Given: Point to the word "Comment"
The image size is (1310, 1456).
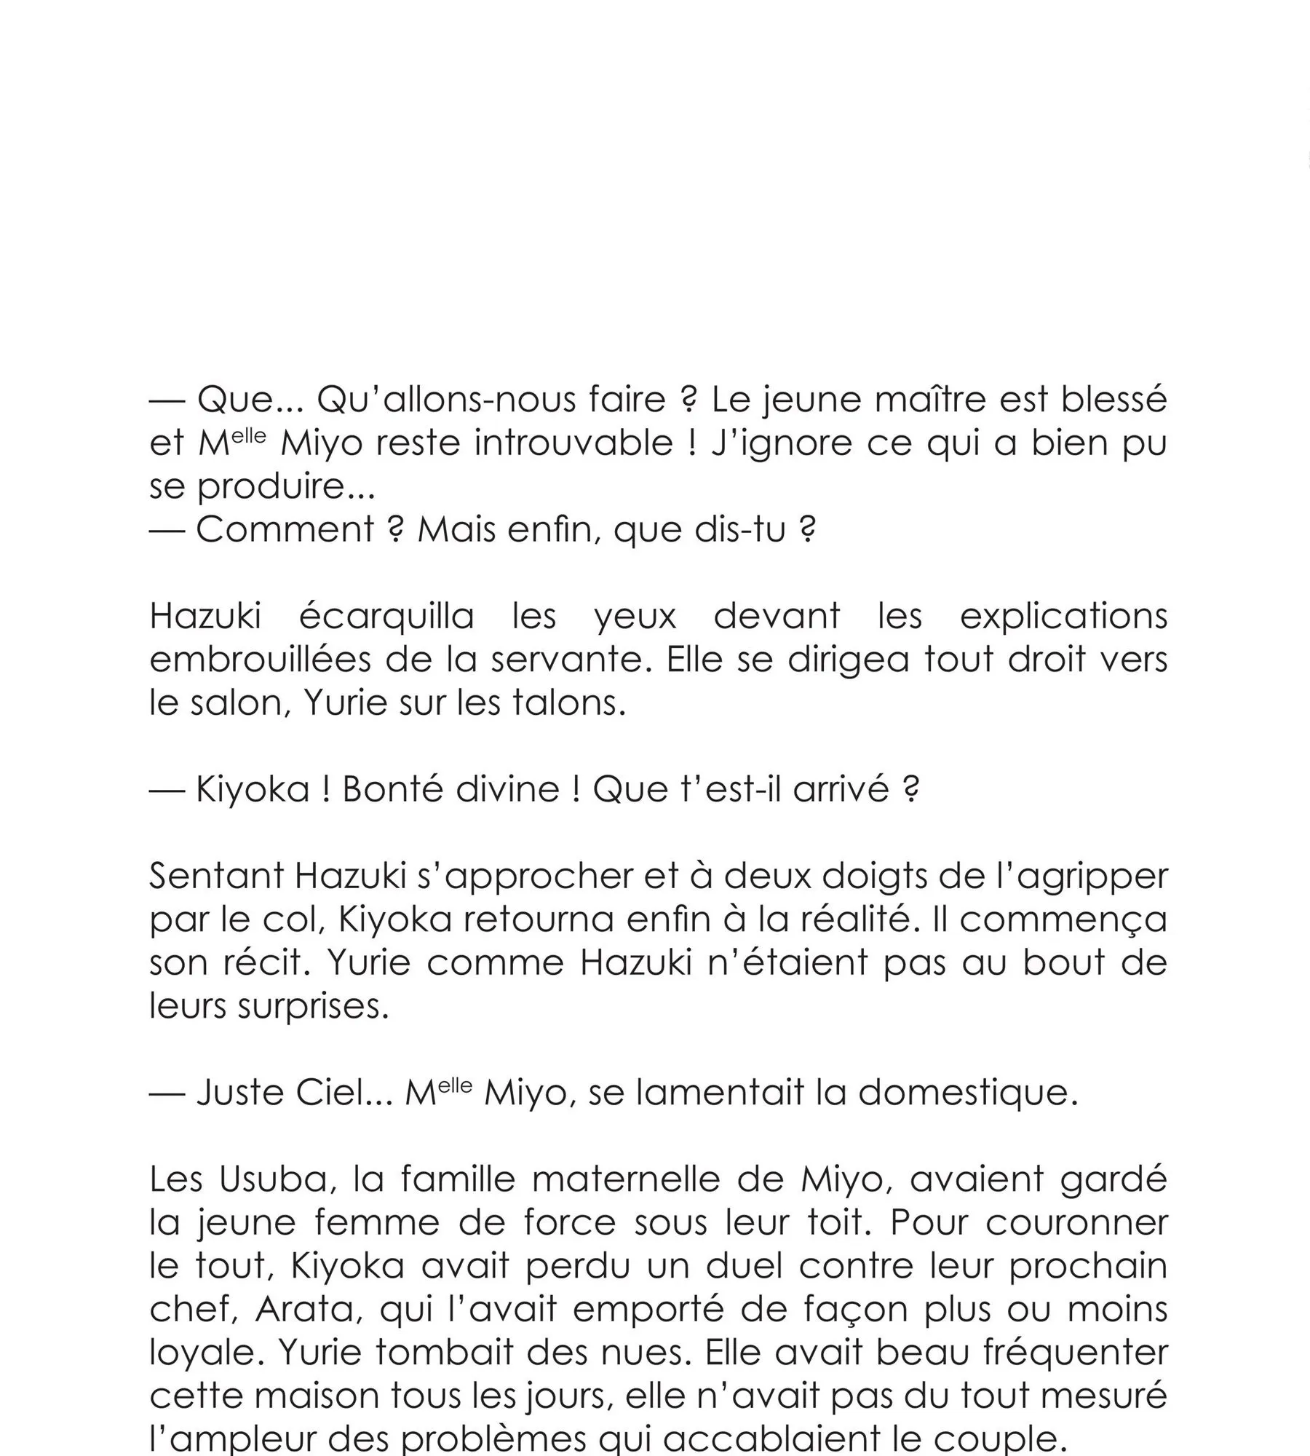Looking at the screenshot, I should click(285, 530).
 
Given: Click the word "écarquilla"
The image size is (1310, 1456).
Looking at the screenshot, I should click(387, 617).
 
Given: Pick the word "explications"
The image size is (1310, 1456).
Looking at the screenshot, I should click(1063, 617).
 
